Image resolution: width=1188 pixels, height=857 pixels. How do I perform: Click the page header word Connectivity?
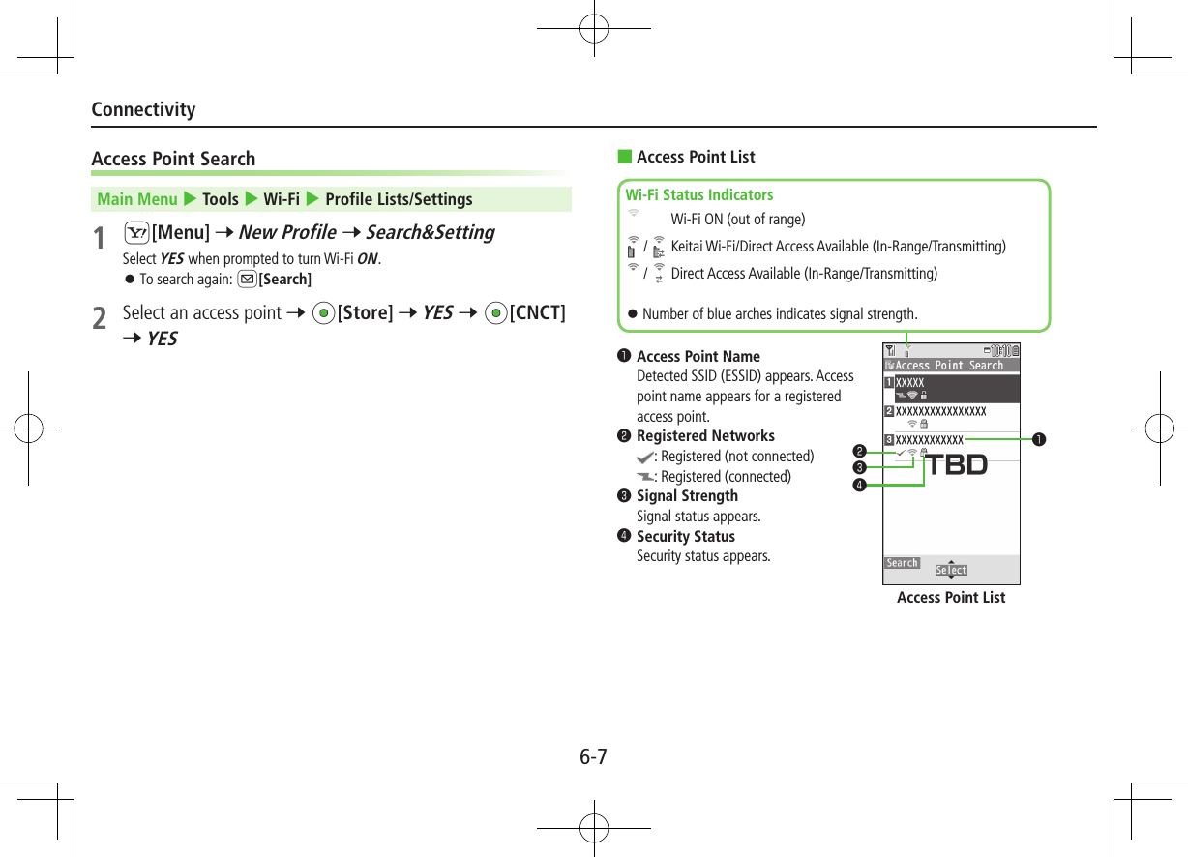click(x=143, y=109)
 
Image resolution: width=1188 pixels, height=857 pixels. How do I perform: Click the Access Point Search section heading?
click(x=173, y=159)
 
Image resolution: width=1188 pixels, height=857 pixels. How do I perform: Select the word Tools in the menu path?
click(x=221, y=199)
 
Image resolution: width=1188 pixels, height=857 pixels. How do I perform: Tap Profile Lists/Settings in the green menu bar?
click(x=399, y=199)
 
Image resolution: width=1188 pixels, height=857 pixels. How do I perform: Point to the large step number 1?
click(x=99, y=237)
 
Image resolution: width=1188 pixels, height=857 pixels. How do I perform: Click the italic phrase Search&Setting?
click(x=430, y=232)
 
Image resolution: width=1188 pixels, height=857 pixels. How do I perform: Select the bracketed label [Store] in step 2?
click(x=365, y=313)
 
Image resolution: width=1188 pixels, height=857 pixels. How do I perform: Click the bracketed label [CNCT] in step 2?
click(x=537, y=313)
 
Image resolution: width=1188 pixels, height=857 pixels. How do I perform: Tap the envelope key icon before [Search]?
click(x=248, y=280)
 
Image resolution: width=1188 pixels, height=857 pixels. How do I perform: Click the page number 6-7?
click(x=593, y=756)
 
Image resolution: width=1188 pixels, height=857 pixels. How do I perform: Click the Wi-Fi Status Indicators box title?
click(x=699, y=194)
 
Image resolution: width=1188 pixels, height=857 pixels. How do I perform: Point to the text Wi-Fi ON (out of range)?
click(x=737, y=220)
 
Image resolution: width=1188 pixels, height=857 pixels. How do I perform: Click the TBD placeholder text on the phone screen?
click(x=958, y=465)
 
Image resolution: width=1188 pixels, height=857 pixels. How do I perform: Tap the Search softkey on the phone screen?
click(x=902, y=563)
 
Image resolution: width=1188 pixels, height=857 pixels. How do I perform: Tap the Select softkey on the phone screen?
click(x=951, y=570)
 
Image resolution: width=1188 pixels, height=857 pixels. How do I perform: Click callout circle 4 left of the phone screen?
click(x=858, y=485)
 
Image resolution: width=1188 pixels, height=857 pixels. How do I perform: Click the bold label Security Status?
click(x=685, y=536)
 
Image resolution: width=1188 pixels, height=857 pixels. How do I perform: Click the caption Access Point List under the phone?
click(x=950, y=598)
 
